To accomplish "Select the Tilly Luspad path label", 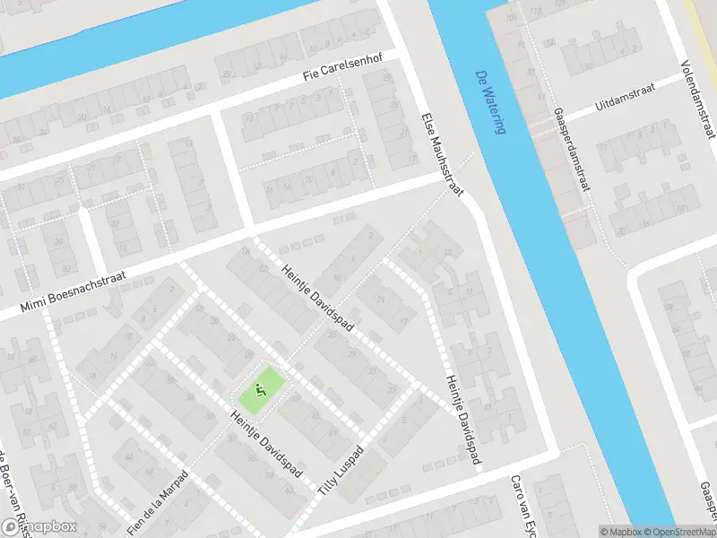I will tap(341, 471).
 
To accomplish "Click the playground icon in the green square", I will tap(261, 390).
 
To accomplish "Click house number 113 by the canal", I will tap(537, 12).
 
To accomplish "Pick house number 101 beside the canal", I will tap(512, 18).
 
